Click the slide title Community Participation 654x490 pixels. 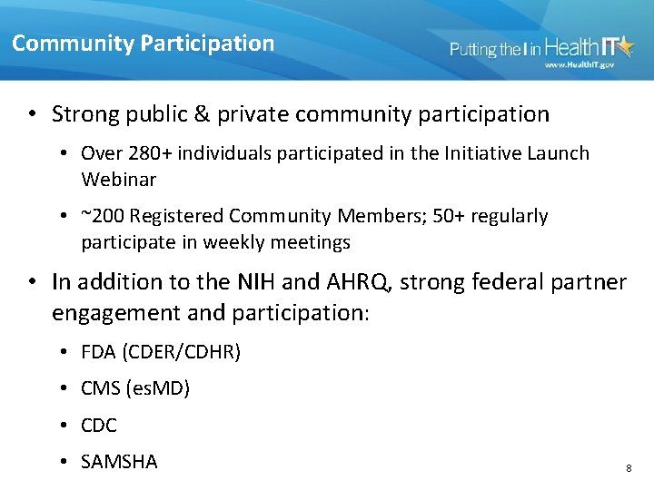[x=143, y=43]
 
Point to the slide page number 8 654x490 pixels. [x=629, y=468]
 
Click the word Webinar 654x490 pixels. [x=118, y=179]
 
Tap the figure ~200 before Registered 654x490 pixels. [x=104, y=216]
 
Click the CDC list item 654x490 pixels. [x=99, y=425]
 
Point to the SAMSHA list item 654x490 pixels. [x=119, y=461]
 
